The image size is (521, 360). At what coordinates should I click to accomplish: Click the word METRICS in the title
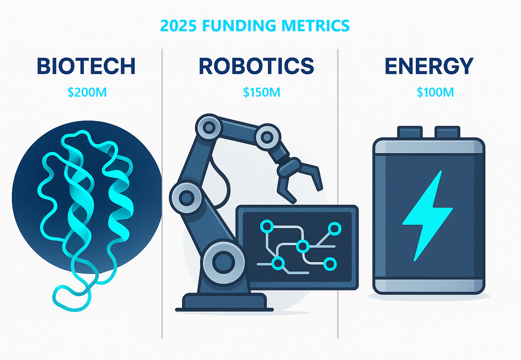click(315, 25)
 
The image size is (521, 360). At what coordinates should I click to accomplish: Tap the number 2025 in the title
click(178, 25)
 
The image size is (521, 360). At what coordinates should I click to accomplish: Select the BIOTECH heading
click(86, 66)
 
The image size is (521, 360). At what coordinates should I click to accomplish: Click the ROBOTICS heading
click(256, 66)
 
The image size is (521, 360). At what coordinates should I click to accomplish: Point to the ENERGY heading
click(429, 66)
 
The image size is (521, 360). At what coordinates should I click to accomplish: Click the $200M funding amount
click(87, 92)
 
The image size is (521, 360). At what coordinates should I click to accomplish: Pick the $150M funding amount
click(262, 92)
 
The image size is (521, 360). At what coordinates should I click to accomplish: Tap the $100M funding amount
click(435, 92)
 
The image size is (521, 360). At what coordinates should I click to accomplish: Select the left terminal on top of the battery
click(410, 132)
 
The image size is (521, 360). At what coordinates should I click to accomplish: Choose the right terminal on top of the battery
click(447, 132)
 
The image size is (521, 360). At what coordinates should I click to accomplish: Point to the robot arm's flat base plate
click(224, 302)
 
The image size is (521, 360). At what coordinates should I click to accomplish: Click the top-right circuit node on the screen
click(334, 229)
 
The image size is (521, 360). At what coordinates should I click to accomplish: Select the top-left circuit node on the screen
click(267, 226)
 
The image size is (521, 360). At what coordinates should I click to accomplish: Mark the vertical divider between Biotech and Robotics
click(162, 194)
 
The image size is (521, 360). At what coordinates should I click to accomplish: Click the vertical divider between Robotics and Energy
click(338, 194)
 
